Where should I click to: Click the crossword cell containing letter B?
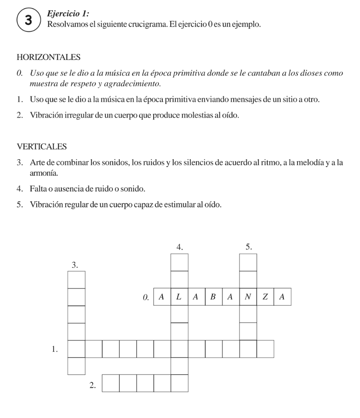coord(214,298)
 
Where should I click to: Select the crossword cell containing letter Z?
coord(265,298)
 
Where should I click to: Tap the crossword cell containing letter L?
coord(179,298)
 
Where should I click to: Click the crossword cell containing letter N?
coord(248,298)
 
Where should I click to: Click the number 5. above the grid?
coord(249,246)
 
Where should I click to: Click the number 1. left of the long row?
coord(54,349)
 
